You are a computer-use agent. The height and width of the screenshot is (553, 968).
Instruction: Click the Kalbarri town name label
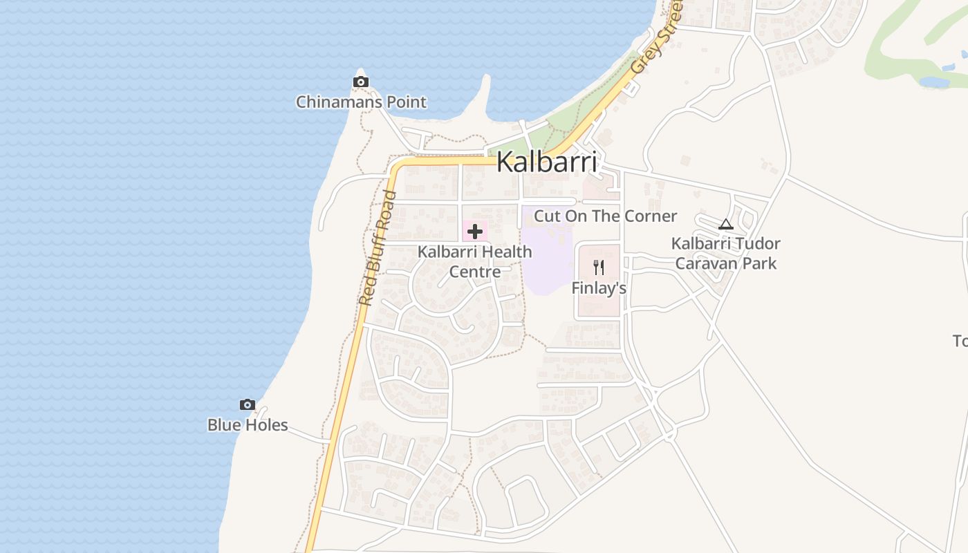[546, 162]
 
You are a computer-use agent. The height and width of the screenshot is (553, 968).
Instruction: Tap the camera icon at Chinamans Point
[360, 82]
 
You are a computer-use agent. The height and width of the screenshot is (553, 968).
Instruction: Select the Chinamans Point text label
[361, 102]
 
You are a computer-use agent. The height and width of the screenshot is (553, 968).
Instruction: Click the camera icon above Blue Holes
[247, 405]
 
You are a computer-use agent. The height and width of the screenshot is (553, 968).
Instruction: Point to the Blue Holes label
[248, 424]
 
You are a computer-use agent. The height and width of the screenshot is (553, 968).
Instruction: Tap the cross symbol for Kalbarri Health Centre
[475, 232]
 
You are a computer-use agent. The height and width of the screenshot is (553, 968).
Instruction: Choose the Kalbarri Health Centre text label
[475, 261]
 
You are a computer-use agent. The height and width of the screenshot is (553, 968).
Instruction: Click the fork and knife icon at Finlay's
[599, 268]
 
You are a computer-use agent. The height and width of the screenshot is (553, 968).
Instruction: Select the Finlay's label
[599, 288]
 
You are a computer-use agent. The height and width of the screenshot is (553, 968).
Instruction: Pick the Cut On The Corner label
[605, 216]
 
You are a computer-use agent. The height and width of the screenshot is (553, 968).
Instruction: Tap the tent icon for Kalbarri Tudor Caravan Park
[725, 224]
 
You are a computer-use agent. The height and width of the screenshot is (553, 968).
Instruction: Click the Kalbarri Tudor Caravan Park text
[726, 253]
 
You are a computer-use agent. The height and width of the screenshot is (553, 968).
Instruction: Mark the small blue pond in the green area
[934, 82]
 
